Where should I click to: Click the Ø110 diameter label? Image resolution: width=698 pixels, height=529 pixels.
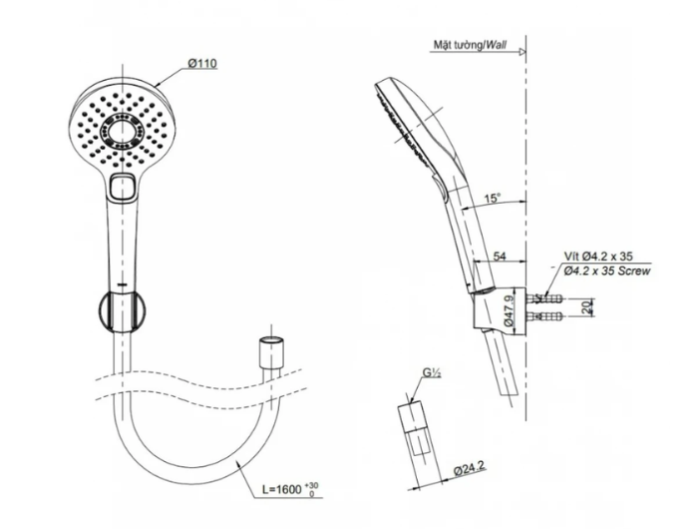(202, 63)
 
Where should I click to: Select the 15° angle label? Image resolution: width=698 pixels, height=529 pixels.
(493, 198)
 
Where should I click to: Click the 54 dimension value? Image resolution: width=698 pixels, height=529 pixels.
(500, 256)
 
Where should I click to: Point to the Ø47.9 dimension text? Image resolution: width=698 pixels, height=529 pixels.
(510, 309)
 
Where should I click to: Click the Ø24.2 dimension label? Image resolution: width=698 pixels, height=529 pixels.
(470, 467)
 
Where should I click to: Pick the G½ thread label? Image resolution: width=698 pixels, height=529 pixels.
(432, 373)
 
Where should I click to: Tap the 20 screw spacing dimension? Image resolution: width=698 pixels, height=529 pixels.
(586, 307)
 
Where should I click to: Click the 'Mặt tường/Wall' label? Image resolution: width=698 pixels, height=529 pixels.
(470, 45)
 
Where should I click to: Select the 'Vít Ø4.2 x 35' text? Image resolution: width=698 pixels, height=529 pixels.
(598, 257)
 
